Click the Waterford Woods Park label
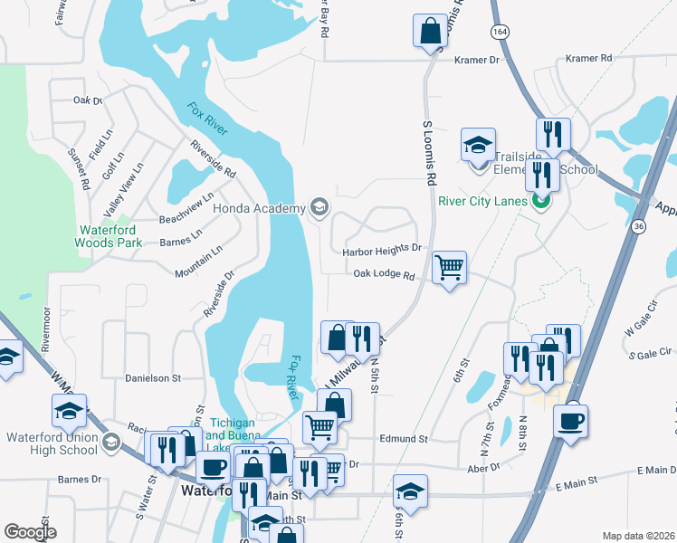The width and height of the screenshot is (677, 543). (x=108, y=236)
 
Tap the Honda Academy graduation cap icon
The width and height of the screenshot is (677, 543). (x=318, y=209)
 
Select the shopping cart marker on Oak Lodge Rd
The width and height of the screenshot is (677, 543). (x=449, y=268)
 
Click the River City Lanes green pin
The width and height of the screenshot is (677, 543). (x=541, y=201)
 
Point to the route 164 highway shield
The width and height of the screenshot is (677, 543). (x=500, y=32)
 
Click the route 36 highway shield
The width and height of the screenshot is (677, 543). (x=639, y=227)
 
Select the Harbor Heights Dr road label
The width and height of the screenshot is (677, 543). (x=382, y=248)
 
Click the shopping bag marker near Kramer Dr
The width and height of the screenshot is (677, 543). (x=431, y=31)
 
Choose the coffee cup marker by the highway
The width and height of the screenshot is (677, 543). (x=570, y=422)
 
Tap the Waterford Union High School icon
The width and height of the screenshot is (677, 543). (x=111, y=443)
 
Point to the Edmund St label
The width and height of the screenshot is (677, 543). (x=404, y=438)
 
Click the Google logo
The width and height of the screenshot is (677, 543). (x=30, y=532)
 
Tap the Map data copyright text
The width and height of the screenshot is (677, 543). (x=639, y=536)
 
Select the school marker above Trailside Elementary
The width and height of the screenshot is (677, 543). (x=478, y=145)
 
